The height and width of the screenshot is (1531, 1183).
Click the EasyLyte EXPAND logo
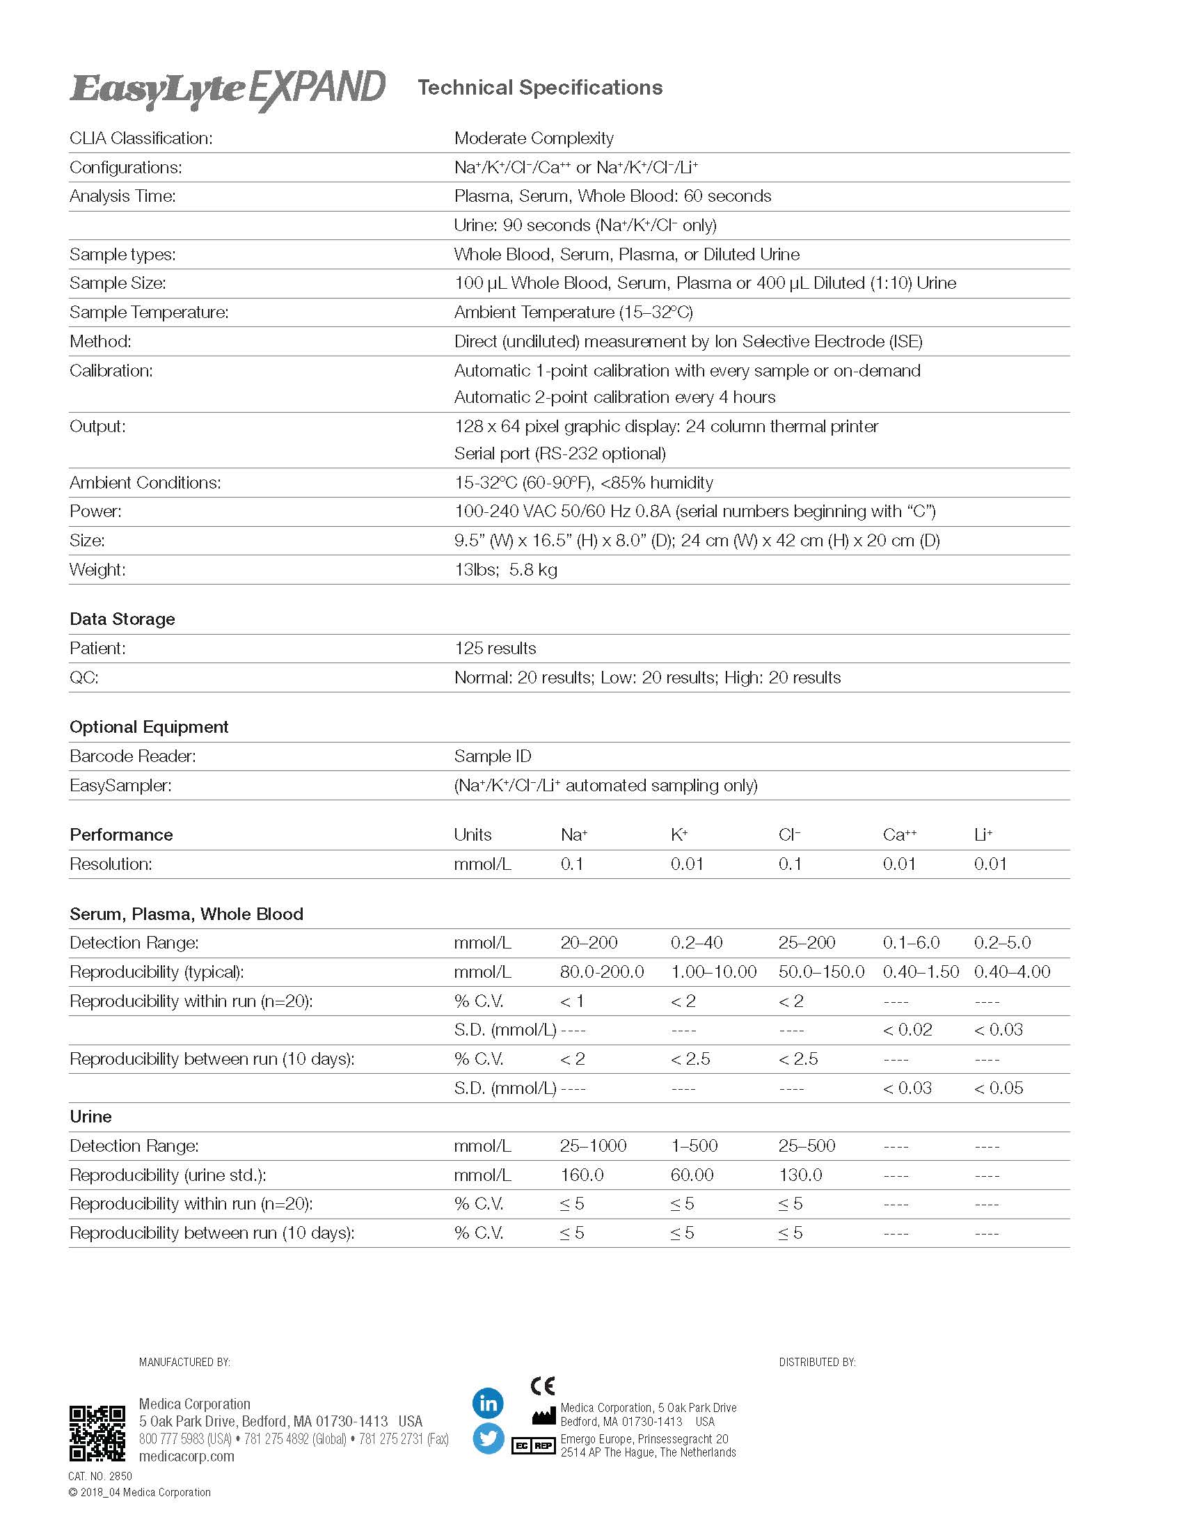pos(227,90)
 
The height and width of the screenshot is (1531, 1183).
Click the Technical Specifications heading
pos(539,88)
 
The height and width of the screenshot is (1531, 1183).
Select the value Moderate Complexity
pos(533,138)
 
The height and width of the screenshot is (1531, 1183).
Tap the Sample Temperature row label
pos(149,312)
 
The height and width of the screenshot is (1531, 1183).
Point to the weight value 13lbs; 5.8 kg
pos(505,569)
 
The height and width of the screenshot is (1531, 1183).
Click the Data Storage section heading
pos(122,619)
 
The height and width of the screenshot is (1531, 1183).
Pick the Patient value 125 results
pos(495,649)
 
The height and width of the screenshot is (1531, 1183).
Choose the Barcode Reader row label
pos(132,756)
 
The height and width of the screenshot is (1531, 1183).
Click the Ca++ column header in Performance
pos(899,834)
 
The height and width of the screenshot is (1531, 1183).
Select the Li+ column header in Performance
pos(983,834)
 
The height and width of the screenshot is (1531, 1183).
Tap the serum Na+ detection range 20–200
pos(589,943)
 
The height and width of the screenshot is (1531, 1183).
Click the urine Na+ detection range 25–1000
pos(593,1146)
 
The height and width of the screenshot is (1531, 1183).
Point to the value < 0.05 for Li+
pos(998,1088)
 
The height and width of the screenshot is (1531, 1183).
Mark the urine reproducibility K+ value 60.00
pos(692,1175)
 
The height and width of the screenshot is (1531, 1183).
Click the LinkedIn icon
pos(488,1403)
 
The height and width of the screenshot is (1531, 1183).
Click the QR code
pos(97,1434)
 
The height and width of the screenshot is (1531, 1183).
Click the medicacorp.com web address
pos(186,1456)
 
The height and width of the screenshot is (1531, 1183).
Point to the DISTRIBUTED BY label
pos(816,1362)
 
